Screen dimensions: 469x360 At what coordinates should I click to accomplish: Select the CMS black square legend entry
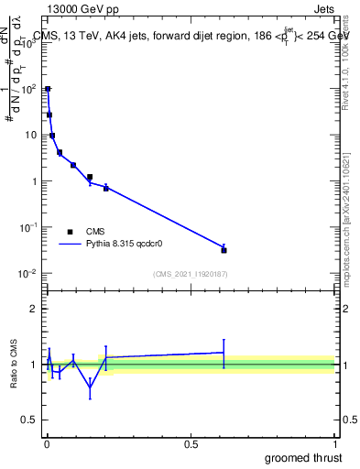pyautogui.click(x=71, y=232)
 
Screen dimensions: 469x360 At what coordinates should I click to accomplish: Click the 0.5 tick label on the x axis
pyautogui.click(x=191, y=445)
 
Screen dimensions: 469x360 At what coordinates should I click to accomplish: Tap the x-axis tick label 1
pyautogui.click(x=334, y=445)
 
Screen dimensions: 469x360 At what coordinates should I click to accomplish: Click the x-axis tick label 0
pyautogui.click(x=47, y=445)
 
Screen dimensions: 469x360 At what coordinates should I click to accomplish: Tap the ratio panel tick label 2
pyautogui.click(x=34, y=309)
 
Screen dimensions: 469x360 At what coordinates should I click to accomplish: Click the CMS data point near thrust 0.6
pyautogui.click(x=224, y=249)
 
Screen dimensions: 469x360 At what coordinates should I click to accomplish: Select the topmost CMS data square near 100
pyautogui.click(x=48, y=89)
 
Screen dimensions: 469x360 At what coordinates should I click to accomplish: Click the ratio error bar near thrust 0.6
pyautogui.click(x=224, y=353)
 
